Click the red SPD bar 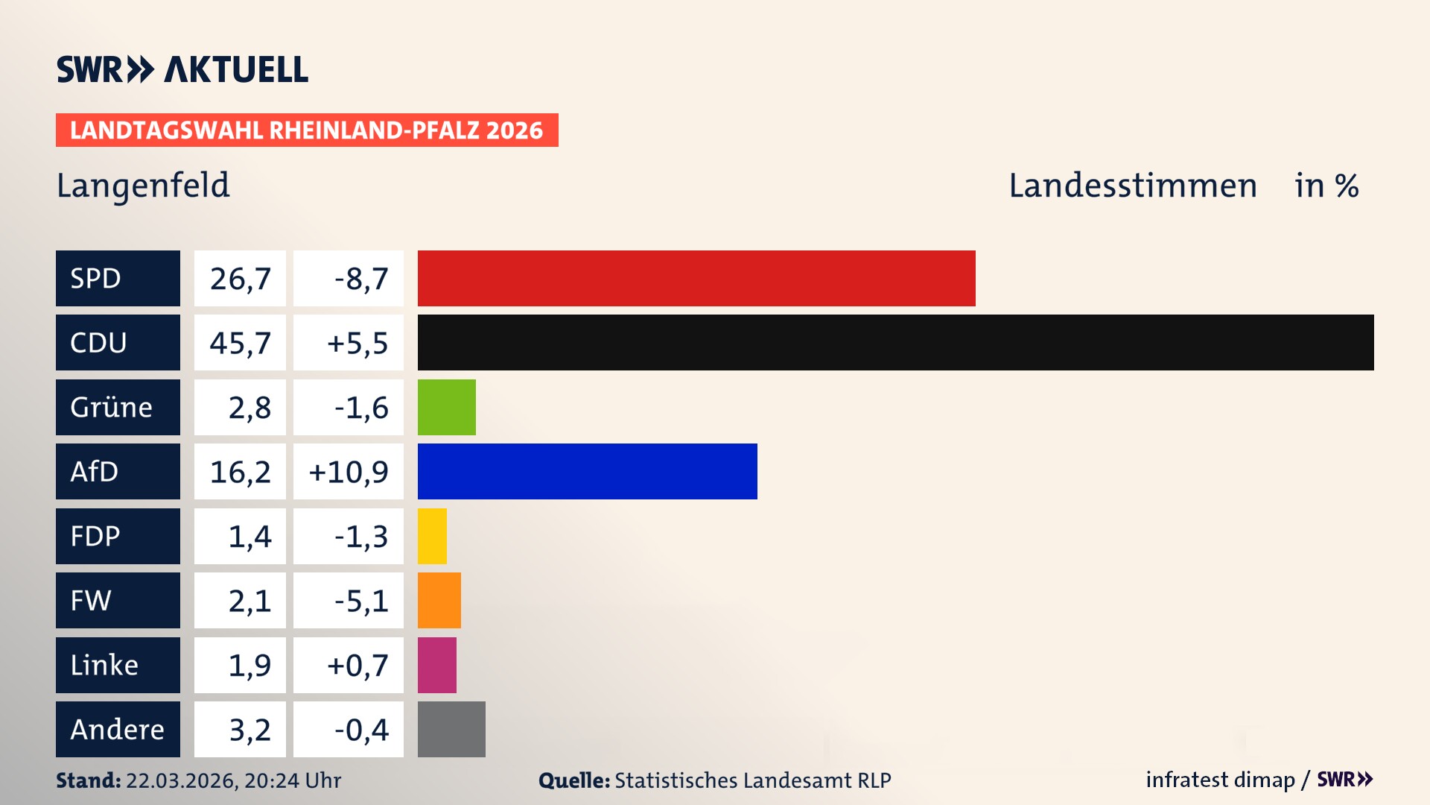click(x=696, y=278)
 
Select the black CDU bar click(x=895, y=342)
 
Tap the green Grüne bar click(x=446, y=407)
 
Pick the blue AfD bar click(x=587, y=471)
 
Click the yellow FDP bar click(x=432, y=536)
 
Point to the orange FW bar click(x=439, y=600)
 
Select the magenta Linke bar click(x=436, y=665)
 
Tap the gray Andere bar click(x=451, y=729)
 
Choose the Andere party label click(x=118, y=729)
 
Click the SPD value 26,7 click(x=240, y=278)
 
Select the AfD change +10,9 click(x=349, y=471)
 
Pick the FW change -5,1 click(x=361, y=600)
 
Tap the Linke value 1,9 click(x=250, y=665)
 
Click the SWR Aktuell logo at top click(x=182, y=69)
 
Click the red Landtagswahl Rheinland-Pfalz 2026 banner click(x=307, y=130)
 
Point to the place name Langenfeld click(x=143, y=185)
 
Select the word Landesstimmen click(x=1132, y=185)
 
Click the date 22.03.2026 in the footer click(x=181, y=780)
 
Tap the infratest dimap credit click(x=1219, y=780)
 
